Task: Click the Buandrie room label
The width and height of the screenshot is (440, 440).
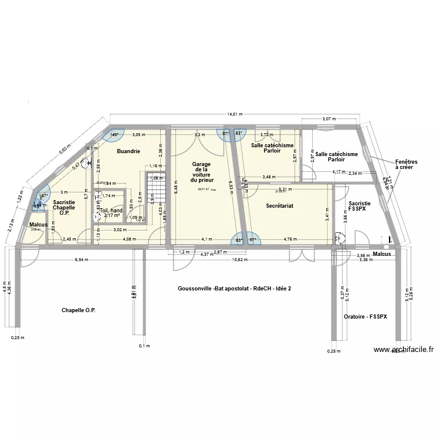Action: click(128, 151)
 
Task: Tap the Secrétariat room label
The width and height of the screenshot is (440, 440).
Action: click(279, 206)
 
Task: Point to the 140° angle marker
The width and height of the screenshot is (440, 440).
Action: click(114, 135)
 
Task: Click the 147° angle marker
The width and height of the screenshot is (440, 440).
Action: click(43, 197)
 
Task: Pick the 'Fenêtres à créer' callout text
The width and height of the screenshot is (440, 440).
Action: click(404, 164)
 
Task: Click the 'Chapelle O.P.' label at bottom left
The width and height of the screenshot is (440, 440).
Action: click(78, 309)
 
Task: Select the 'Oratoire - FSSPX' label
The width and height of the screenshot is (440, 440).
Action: click(365, 317)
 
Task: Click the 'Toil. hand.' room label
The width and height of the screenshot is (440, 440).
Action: click(111, 211)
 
